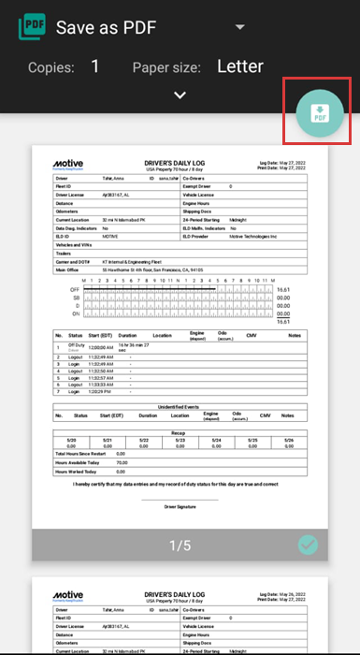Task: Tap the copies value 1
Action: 95,66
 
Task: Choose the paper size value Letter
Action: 253,66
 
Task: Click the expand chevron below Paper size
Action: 180,95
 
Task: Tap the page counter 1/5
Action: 179,546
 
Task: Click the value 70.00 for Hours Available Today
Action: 121,462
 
